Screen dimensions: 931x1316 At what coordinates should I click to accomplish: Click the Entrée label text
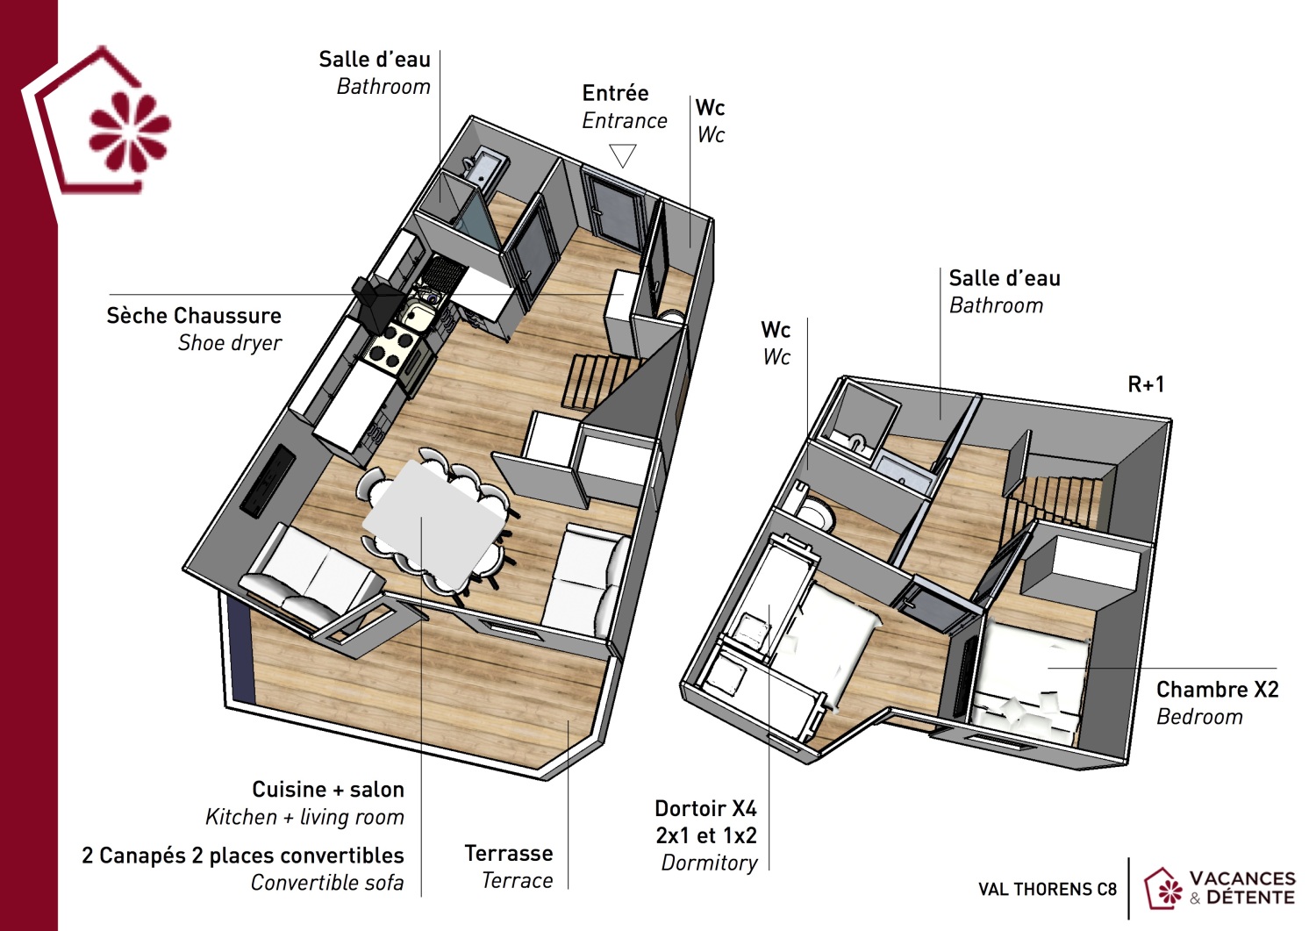[x=615, y=93]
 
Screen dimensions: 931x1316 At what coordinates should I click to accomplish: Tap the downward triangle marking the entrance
[x=622, y=155]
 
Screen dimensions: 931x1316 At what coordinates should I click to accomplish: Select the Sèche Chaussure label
[x=194, y=316]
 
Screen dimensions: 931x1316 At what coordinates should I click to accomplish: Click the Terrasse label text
[x=508, y=853]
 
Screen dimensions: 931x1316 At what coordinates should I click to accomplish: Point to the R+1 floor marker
[x=1146, y=384]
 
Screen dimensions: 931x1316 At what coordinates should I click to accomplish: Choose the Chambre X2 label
[x=1217, y=690]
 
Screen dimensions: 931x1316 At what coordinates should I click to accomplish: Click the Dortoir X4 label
[x=705, y=808]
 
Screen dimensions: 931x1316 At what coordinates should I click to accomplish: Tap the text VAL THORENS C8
[x=1047, y=889]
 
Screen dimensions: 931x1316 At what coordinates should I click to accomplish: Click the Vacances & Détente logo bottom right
[x=1220, y=888]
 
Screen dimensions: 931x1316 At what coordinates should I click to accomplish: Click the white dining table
[x=435, y=523]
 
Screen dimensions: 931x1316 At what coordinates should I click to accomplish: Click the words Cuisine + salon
[x=328, y=790]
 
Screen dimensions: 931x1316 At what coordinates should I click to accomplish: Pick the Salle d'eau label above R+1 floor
[x=1004, y=279]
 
